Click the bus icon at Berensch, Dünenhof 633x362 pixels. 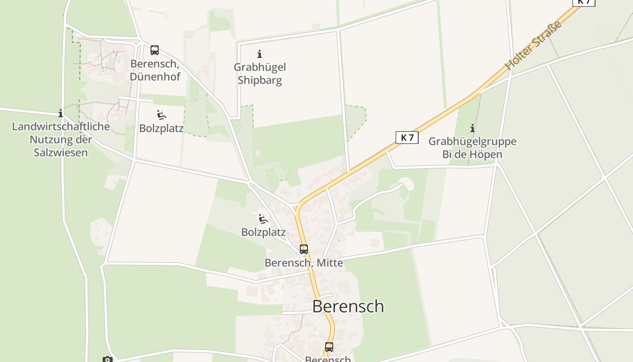155,50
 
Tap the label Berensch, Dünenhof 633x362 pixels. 155,70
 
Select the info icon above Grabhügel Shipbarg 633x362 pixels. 260,54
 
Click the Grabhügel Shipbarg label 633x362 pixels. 260,74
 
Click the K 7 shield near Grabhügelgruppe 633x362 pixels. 407,138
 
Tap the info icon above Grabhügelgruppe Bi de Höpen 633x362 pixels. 472,128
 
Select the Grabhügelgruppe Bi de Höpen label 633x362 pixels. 472,148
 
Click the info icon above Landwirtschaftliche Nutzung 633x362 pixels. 61,113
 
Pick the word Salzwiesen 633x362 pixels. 61,152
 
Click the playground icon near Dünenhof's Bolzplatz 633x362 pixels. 161,115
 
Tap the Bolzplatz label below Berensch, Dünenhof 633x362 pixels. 161,129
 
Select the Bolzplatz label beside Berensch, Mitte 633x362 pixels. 264,233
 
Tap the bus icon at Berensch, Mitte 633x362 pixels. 304,249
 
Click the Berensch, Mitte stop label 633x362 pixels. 304,263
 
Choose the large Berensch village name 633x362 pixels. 348,306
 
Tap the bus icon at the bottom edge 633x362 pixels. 329,347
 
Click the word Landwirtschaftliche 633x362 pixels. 61,126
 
